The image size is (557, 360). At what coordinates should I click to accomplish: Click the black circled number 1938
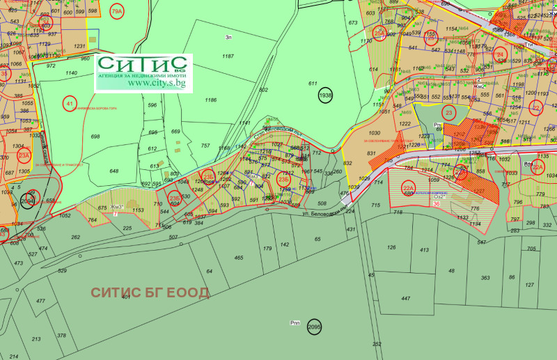click(325, 95)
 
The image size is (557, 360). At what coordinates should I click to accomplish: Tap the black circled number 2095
click(315, 327)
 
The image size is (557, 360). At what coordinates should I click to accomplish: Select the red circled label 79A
click(116, 12)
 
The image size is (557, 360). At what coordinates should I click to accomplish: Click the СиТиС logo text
click(143, 64)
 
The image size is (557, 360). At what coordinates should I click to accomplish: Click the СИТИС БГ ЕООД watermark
click(149, 292)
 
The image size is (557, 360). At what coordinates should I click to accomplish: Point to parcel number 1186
click(210, 100)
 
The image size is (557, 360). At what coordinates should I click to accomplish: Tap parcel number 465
click(239, 258)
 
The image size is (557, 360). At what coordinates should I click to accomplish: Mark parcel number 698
click(95, 136)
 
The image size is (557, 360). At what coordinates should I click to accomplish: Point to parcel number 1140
click(71, 72)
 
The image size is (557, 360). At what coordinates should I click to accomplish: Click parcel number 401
click(125, 297)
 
